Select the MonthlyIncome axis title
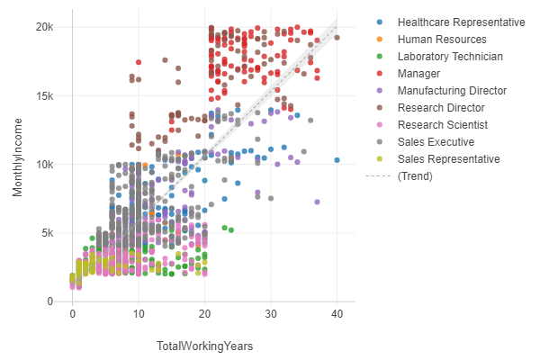point(18,164)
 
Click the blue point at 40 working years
point(337,160)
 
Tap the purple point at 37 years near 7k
point(317,202)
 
